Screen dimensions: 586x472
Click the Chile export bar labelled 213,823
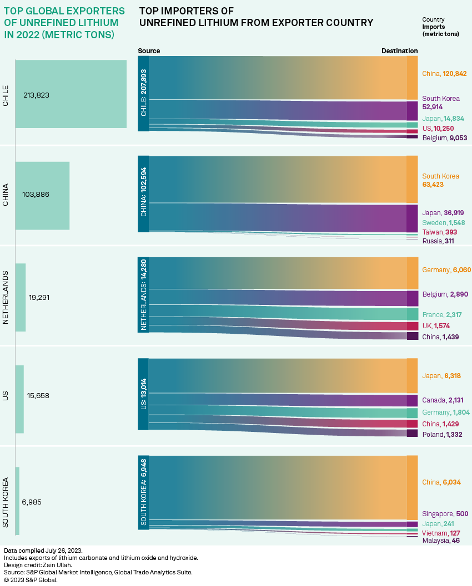tap(71, 94)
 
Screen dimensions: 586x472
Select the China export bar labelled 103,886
tap(42, 195)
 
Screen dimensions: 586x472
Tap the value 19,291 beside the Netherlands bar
tap(39, 297)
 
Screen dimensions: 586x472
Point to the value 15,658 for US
tap(38, 396)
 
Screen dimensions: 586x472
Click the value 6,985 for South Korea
tap(32, 502)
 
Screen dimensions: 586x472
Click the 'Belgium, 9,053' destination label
tap(444, 137)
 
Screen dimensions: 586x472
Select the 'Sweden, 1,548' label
tap(444, 222)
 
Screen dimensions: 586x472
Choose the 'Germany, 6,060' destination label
tap(446, 270)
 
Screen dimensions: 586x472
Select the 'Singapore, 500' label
tap(445, 514)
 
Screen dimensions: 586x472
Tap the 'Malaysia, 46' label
tap(441, 541)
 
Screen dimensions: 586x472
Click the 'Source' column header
tap(149, 51)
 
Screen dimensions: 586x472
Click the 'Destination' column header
tap(399, 51)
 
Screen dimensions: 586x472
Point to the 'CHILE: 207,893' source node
tap(143, 93)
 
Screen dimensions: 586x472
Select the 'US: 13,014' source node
tap(143, 394)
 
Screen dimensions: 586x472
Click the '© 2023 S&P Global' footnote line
tap(31, 580)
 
